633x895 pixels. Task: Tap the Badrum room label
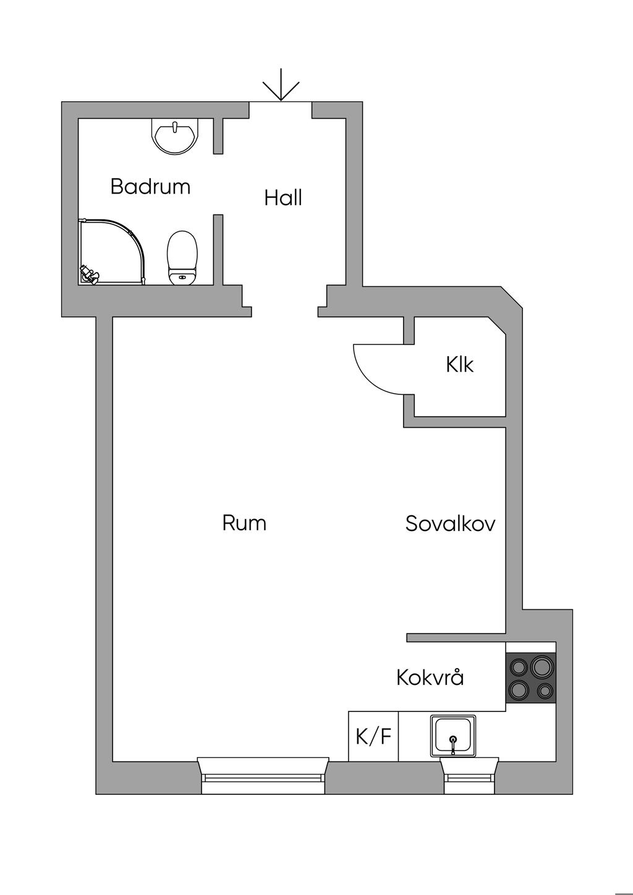tap(150, 186)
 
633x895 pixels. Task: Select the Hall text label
tap(283, 198)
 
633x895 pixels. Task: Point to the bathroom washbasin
tap(176, 136)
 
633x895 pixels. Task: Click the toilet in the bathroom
tap(182, 257)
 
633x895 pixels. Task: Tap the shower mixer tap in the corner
tap(88, 274)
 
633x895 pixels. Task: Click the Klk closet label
tap(459, 365)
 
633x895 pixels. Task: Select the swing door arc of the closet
tap(374, 371)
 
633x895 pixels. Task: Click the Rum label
tap(244, 524)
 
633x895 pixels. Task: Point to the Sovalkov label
tap(450, 524)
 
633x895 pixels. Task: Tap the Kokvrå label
tap(430, 677)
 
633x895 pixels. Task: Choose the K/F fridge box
tap(373, 736)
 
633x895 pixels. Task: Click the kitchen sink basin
tap(454, 736)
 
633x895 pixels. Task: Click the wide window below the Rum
tap(263, 775)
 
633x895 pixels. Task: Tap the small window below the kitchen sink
tap(470, 776)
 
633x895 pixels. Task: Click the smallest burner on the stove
tap(545, 690)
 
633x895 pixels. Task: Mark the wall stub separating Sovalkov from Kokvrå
tap(456, 637)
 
